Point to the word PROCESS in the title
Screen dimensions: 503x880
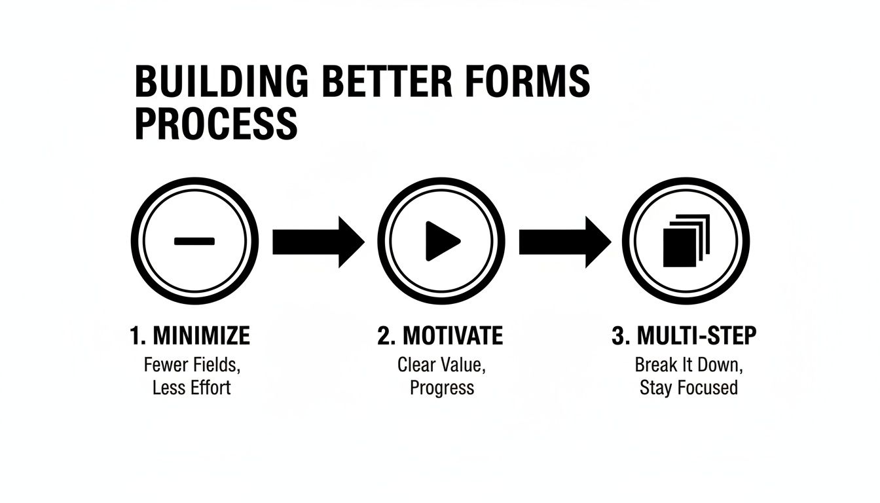coord(216,123)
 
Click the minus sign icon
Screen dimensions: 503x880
coord(194,241)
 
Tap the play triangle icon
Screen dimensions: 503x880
coord(442,241)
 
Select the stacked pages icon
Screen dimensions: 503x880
coord(686,241)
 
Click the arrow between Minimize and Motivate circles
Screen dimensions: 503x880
coord(318,242)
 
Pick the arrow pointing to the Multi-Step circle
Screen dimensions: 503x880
coord(564,242)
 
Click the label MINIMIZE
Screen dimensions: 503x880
coord(201,337)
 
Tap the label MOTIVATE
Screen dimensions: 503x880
coord(452,337)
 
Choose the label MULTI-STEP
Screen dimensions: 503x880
coord(697,337)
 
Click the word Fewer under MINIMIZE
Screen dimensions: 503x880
coord(164,364)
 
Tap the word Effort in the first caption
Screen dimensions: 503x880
coord(210,387)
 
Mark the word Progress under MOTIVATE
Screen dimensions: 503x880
coord(442,388)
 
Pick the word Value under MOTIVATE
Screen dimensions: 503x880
coord(464,364)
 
